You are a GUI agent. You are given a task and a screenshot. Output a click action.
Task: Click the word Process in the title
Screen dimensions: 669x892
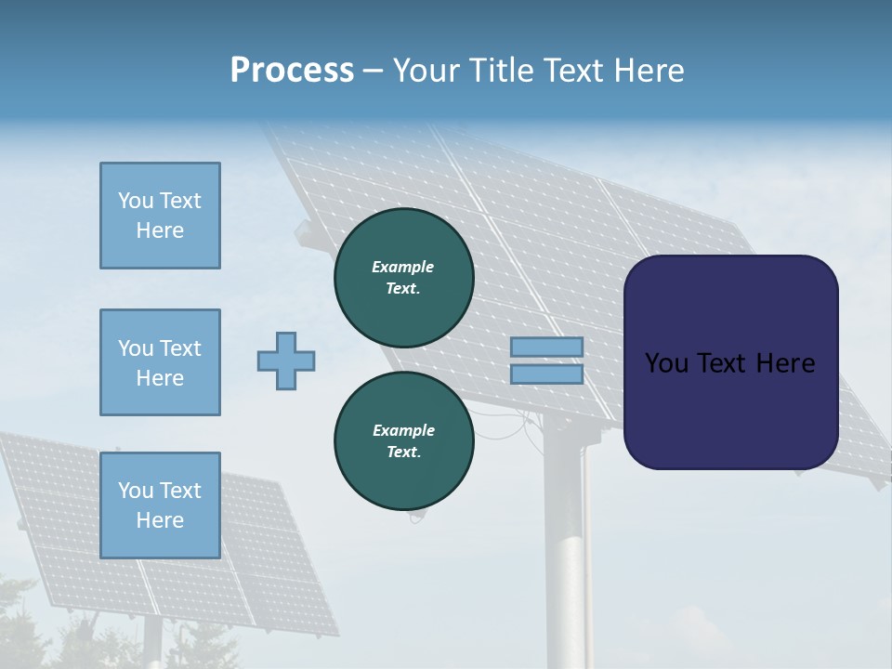tap(292, 71)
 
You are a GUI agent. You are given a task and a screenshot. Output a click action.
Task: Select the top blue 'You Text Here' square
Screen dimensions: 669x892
tap(160, 216)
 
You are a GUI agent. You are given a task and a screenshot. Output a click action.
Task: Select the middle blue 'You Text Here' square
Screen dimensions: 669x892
tap(160, 362)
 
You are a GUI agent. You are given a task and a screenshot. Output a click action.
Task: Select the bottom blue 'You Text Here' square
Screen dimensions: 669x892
tap(160, 505)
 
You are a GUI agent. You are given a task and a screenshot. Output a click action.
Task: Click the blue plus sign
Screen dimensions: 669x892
tap(286, 361)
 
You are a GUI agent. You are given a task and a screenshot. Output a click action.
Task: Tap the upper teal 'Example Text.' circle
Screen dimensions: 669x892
tap(403, 277)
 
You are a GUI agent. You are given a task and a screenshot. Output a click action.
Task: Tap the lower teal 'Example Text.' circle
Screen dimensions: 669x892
tap(403, 440)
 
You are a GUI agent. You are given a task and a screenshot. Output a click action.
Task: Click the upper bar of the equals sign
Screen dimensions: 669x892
tap(546, 348)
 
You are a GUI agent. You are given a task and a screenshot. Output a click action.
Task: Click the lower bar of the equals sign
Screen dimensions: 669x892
tap(546, 374)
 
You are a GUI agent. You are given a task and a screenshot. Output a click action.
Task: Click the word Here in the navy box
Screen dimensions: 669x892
tap(785, 363)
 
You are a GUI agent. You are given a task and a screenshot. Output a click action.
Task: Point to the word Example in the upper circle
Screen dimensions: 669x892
tap(403, 267)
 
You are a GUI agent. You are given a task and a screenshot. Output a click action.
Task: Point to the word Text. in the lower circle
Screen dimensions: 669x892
tap(403, 453)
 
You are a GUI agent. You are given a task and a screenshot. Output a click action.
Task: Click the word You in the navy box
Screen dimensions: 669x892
tap(665, 363)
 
